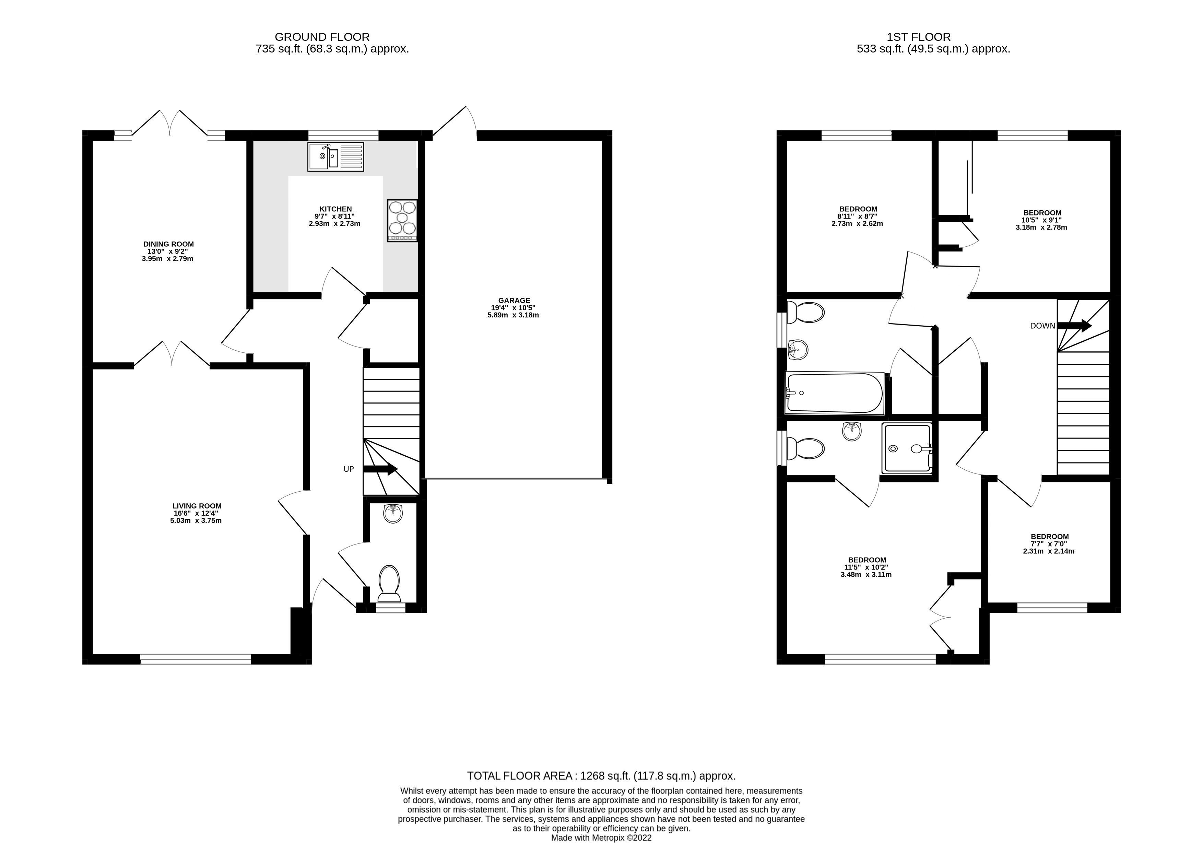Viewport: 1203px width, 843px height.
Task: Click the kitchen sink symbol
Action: pyautogui.click(x=335, y=157)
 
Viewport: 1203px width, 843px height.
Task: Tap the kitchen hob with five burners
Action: pyautogui.click(x=402, y=221)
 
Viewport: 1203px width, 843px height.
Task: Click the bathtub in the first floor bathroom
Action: pyautogui.click(x=834, y=393)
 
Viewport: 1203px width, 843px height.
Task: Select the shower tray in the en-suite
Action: pyautogui.click(x=907, y=448)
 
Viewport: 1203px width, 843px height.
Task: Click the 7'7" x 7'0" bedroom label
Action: pyautogui.click(x=1049, y=543)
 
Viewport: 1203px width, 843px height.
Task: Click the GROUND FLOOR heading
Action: pyautogui.click(x=322, y=37)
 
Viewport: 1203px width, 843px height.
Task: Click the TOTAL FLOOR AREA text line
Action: pyautogui.click(x=601, y=776)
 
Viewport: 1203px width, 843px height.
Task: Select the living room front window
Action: pyautogui.click(x=196, y=659)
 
